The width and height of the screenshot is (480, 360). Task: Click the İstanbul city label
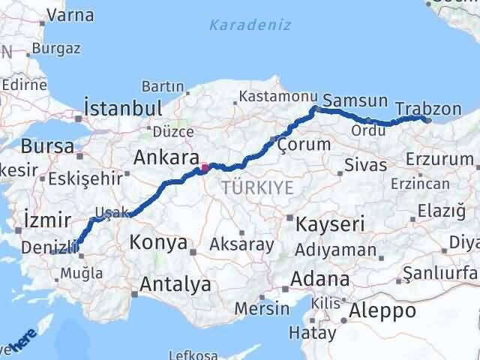(124, 107)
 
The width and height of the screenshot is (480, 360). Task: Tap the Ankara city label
(165, 157)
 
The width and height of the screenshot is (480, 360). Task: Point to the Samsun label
(355, 100)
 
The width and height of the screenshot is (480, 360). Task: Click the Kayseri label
(330, 223)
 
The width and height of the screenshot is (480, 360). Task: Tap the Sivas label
(366, 164)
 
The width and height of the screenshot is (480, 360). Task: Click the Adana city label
(321, 279)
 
